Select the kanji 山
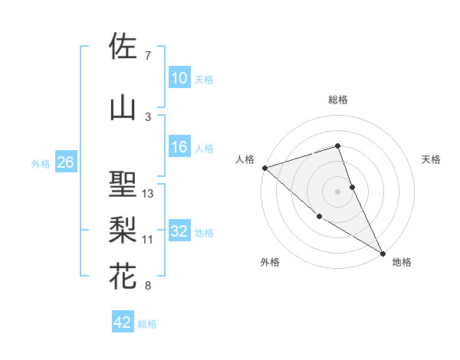(123, 108)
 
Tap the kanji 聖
(123, 185)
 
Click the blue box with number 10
(179, 78)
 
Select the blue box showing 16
(179, 147)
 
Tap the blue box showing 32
(179, 231)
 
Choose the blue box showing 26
(65, 162)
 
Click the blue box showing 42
(123, 322)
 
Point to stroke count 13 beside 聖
(148, 194)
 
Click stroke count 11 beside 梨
(148, 240)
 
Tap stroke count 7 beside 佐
(148, 56)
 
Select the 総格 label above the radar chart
(338, 100)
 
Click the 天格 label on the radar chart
(432, 159)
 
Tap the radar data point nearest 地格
(383, 253)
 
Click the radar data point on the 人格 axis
(264, 168)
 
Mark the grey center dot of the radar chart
(338, 191)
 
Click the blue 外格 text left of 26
(41, 163)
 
